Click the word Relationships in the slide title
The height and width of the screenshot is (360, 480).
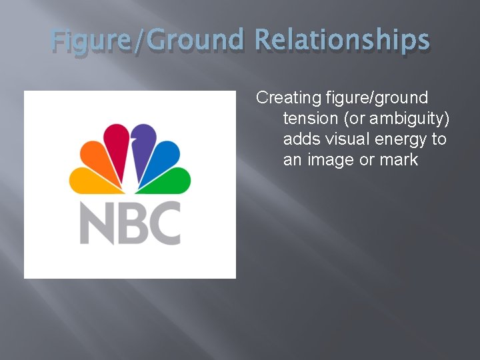342,40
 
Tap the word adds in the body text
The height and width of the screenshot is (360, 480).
299,139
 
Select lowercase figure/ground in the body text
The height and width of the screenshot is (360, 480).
377,98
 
